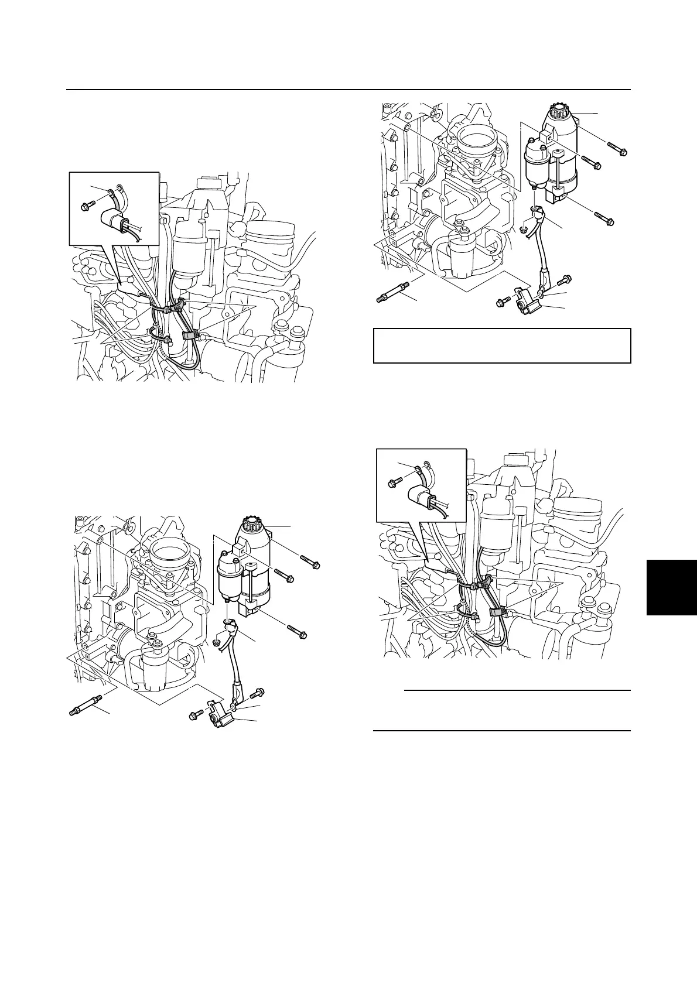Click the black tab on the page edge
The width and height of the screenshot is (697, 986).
[672, 587]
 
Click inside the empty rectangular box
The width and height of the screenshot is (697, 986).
[502, 346]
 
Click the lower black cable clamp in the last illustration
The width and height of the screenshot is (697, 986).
[497, 611]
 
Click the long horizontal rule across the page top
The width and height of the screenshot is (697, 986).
[348, 90]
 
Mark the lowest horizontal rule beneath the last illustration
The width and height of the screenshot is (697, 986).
[501, 731]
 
